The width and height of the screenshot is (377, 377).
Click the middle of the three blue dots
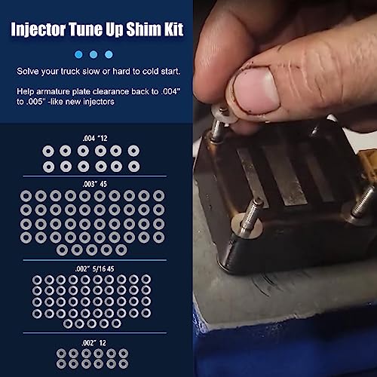click(93, 54)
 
